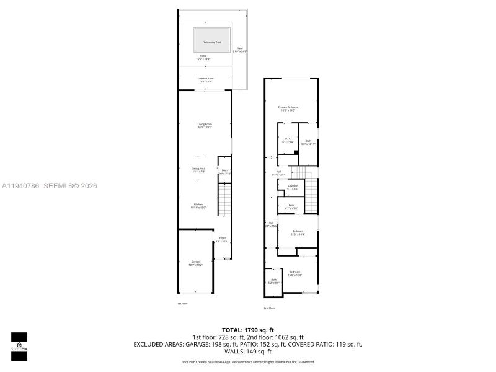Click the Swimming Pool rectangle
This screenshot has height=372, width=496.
coord(212,42)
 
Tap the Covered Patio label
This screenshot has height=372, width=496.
coord(205,79)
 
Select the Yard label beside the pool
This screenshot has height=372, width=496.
coord(239,50)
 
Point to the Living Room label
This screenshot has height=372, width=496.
coord(205,126)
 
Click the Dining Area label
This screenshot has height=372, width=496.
coord(198,170)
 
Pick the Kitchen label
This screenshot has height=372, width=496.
coord(198,206)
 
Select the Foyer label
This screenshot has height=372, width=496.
coord(222,239)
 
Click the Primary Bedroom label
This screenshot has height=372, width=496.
coord(288,109)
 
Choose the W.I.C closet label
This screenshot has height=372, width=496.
coord(287,140)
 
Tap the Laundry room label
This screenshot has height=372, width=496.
coord(292,187)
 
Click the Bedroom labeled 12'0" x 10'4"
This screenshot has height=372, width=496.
coord(298,232)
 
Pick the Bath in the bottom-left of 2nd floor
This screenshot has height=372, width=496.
coord(274,281)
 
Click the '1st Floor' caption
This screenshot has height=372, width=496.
coord(182,303)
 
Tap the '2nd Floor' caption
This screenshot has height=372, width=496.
coord(269,308)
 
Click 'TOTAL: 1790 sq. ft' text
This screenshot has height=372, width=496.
coord(248,329)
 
